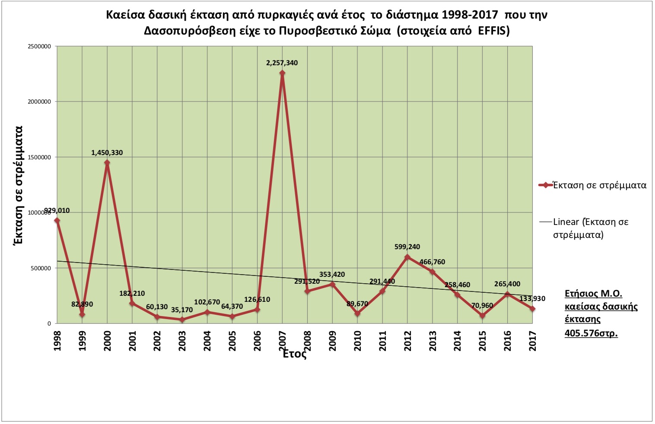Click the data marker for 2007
tap(282, 73)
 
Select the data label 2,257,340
tap(282, 63)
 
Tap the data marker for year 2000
tap(107, 163)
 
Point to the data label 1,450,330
tap(107, 153)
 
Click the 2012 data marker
tap(407, 257)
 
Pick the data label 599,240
tap(407, 247)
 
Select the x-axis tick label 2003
tap(182, 341)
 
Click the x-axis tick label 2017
tap(533, 341)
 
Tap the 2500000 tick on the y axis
tap(39, 47)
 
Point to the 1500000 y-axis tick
tap(39, 158)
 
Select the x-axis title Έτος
tap(295, 354)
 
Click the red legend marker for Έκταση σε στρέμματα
tap(546, 185)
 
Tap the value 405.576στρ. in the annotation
tap(591, 333)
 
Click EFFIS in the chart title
tap(492, 31)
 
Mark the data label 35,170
tap(182, 310)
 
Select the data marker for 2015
tap(483, 316)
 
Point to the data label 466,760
tap(432, 262)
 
